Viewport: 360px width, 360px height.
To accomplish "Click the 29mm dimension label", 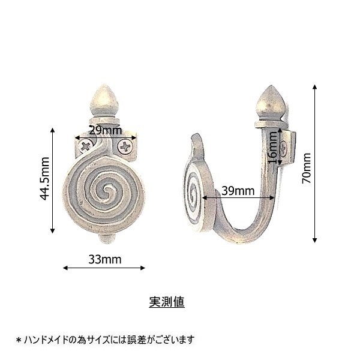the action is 105,131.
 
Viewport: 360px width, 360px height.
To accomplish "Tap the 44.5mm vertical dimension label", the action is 44,179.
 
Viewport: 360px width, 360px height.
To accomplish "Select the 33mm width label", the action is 105,259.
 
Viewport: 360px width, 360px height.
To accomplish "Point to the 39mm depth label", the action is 238,191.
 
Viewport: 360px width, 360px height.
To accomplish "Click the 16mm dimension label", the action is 273,148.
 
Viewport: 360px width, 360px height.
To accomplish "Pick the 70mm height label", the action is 306,168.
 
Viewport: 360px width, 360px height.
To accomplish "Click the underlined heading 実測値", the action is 167,302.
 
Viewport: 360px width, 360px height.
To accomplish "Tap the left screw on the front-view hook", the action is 85,146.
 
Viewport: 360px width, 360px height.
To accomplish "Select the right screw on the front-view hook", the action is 125,146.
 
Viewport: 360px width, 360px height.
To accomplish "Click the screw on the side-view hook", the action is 284,149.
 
